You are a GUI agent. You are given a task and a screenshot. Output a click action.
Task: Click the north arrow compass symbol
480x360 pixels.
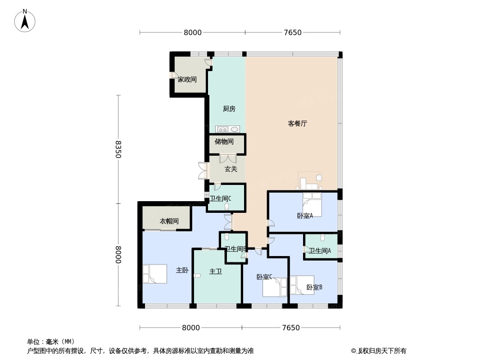tap(25, 21)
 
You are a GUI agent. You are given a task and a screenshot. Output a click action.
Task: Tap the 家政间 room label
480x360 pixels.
tap(187, 80)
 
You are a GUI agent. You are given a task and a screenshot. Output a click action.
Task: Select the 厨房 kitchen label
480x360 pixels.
tap(229, 108)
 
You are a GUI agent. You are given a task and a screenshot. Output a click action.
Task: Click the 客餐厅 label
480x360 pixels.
tap(297, 124)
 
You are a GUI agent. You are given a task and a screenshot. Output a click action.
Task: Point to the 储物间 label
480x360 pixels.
tap(224, 142)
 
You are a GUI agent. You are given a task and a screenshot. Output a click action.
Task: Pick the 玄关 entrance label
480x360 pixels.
tap(231, 169)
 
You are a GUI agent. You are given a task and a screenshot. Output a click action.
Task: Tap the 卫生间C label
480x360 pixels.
tap(220, 198)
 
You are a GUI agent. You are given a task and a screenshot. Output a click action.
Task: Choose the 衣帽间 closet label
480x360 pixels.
tap(169, 221)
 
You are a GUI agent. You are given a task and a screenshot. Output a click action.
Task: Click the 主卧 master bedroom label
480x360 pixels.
tap(182, 270)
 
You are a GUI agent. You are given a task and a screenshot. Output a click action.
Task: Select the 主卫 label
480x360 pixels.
tap(216, 271)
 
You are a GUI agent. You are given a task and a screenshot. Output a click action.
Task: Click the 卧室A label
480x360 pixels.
tap(305, 216)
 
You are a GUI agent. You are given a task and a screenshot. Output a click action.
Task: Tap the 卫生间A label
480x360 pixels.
tap(320, 251)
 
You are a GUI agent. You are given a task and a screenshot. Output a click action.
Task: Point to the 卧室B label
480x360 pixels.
tap(314, 288)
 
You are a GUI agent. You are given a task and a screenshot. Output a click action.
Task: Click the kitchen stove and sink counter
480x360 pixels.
tap(227, 129)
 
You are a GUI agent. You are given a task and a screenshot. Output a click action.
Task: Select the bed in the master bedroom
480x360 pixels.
tap(154, 274)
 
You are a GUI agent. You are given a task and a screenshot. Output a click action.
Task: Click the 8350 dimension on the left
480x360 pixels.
tap(118, 149)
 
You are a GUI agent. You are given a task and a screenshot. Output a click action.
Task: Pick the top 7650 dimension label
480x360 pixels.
tap(293, 32)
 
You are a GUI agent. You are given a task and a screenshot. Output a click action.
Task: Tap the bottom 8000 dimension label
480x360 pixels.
tap(191, 328)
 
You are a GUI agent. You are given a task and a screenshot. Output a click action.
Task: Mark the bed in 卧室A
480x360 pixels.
tap(312, 204)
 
